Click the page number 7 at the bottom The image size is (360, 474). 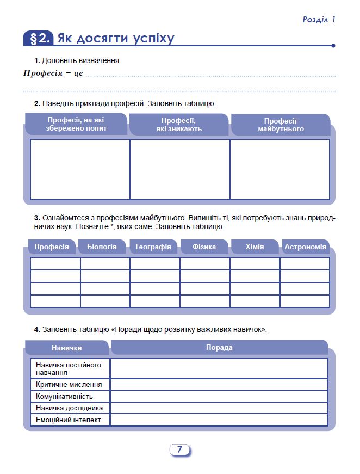(179, 450)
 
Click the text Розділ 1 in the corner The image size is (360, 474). (319, 20)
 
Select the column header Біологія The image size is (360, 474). (102, 247)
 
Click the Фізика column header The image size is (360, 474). (204, 247)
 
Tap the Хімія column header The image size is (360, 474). (254, 247)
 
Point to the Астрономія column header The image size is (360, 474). (306, 247)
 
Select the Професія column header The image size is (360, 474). (52, 247)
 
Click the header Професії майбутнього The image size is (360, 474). (281, 125)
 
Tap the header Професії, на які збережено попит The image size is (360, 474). (77, 124)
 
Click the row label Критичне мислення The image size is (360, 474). (69, 384)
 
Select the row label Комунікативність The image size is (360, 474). (64, 396)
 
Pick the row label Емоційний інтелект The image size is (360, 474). (69, 420)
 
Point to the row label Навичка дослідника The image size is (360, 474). (69, 408)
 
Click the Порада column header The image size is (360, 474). (219, 347)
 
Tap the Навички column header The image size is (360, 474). (67, 348)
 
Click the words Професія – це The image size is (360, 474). (53, 73)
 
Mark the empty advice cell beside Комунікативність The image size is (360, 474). (219, 396)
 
